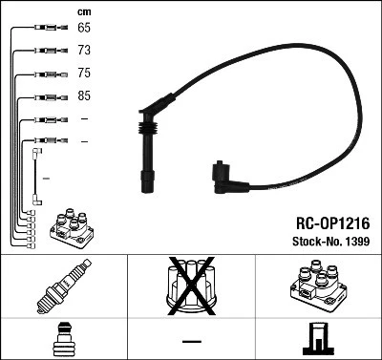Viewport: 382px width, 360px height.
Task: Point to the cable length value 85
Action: [x=84, y=96]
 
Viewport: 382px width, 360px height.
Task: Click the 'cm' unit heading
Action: [x=84, y=11]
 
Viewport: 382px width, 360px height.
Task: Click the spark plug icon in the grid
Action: [x=63, y=286]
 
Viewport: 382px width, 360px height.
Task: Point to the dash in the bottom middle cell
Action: [x=191, y=340]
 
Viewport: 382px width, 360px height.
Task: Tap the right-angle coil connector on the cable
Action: [x=222, y=175]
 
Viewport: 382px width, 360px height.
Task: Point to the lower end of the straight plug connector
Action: [x=149, y=180]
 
